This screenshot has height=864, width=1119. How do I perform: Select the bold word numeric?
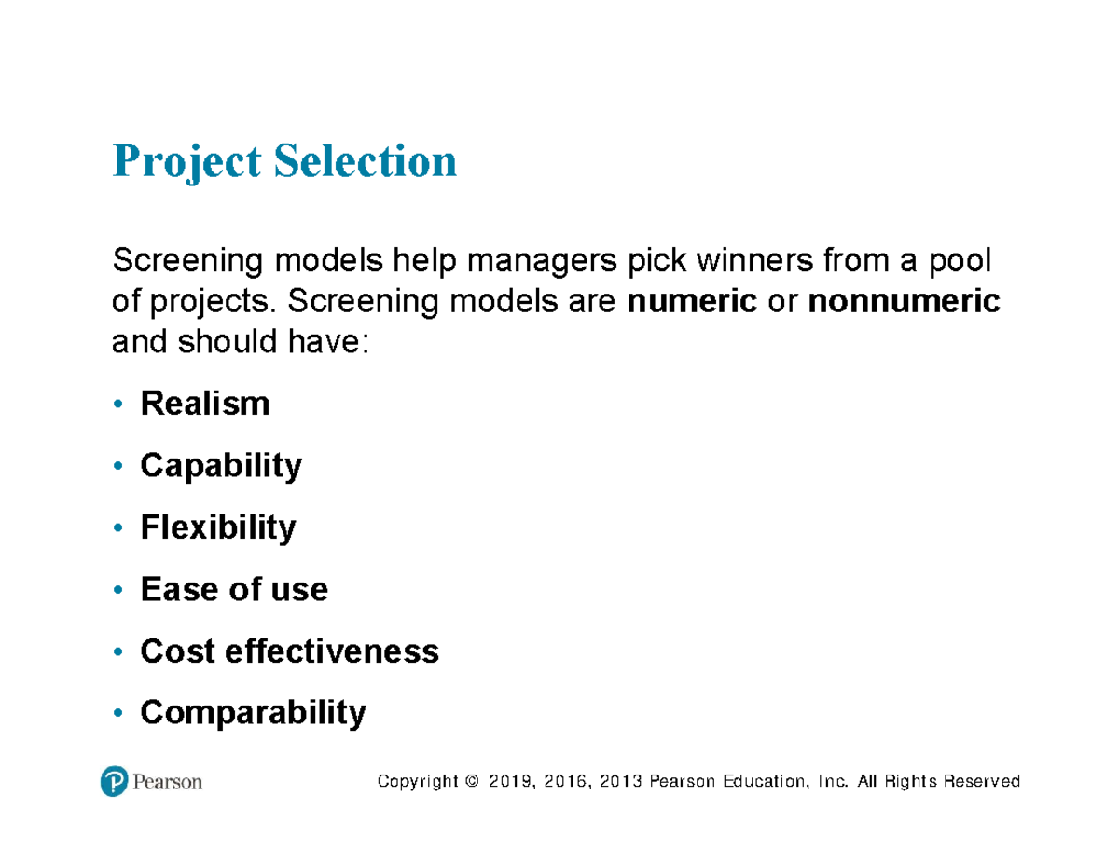692,302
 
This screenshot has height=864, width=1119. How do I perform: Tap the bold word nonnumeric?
904,302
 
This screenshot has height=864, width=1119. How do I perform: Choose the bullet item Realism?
204,404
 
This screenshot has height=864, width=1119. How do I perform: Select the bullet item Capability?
221,466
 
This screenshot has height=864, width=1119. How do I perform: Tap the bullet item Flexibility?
217,528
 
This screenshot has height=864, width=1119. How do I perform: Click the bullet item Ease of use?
233,589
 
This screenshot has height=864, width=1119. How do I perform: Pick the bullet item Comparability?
253,713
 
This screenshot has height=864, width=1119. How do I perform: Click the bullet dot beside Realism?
117,405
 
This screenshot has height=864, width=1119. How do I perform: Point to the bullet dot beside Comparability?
117,714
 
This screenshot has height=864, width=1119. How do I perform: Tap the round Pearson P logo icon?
114,781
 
